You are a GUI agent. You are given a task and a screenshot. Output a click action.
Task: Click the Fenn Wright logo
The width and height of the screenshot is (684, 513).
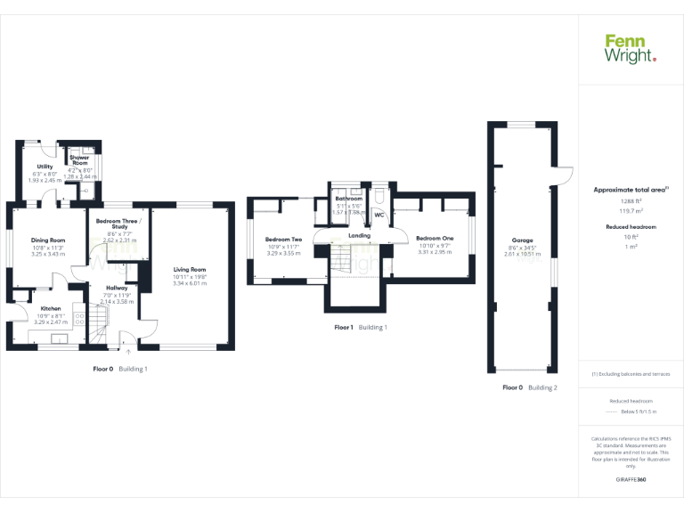point(631,48)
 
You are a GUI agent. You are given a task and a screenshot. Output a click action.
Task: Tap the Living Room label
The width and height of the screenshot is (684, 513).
point(190,269)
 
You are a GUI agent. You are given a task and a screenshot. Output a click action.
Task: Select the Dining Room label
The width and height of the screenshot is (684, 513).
point(49,240)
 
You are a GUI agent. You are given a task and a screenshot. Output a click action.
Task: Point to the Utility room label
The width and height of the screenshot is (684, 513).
point(45,167)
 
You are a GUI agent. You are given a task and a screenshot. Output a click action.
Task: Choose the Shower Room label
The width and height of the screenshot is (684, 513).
point(80,161)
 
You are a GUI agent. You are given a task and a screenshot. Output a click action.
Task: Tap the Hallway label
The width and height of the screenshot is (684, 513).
point(117,288)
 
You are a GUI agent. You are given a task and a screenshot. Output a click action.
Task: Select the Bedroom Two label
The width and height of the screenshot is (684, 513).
point(284,240)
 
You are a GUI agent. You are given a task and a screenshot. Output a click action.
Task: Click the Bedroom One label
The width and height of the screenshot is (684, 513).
point(435,239)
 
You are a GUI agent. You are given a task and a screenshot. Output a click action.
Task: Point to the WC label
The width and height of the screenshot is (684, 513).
point(379,216)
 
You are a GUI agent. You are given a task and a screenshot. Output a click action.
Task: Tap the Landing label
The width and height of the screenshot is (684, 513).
point(359,235)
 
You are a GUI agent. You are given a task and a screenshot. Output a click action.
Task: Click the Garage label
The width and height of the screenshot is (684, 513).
point(523,240)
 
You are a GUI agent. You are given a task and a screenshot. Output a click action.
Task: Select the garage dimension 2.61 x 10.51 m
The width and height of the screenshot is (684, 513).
point(523,254)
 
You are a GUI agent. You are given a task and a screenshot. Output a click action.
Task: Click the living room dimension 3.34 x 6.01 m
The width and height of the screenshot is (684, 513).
point(190,282)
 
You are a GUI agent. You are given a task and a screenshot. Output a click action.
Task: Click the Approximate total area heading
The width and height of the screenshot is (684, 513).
point(629,190)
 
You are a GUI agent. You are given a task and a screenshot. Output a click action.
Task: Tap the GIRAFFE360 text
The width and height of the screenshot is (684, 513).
point(631,480)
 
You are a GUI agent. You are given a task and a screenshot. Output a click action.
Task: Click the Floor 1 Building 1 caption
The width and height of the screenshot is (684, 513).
point(361,328)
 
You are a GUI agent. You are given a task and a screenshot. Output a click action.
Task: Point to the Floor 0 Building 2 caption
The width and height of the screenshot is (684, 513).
point(530,387)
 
